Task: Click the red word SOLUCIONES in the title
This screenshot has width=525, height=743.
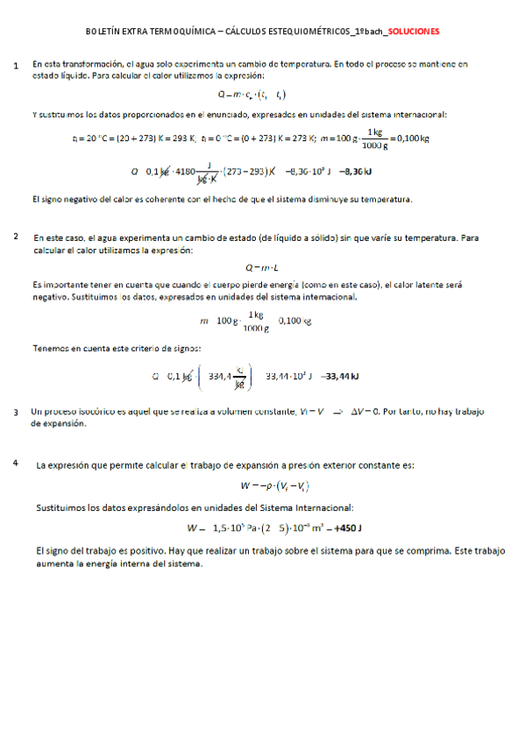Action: (414, 31)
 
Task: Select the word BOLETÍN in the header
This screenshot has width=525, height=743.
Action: (103, 31)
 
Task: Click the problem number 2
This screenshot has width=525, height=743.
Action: (17, 237)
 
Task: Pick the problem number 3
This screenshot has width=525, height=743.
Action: (17, 412)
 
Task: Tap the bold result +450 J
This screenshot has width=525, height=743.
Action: (344, 528)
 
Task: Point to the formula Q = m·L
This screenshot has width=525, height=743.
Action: (261, 267)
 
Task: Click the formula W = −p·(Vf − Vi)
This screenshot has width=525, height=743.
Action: (261, 485)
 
